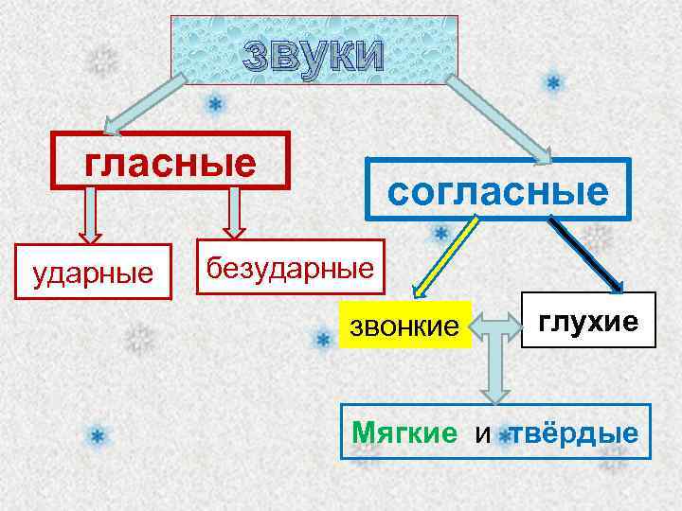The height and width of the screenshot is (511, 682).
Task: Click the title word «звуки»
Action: (x=314, y=57)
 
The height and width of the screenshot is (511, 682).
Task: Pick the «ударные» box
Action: (x=92, y=273)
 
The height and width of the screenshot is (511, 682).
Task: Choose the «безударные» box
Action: (x=291, y=267)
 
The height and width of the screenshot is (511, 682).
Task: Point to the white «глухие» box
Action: (x=588, y=322)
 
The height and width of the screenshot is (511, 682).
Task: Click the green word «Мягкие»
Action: (x=404, y=433)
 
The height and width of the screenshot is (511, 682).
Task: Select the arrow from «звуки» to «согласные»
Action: (x=502, y=118)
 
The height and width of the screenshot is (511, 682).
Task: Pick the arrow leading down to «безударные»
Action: (x=232, y=212)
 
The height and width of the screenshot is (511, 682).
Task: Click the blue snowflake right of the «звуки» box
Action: (x=553, y=83)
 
